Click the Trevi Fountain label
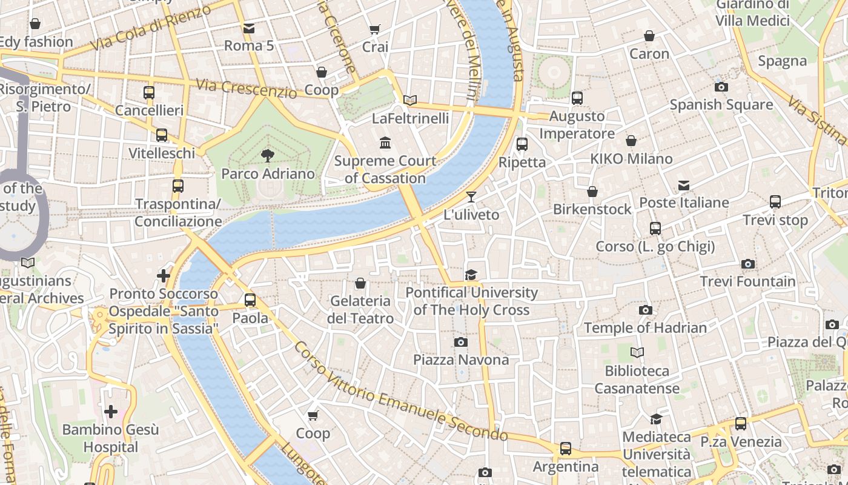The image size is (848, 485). pyautogui.click(x=748, y=281)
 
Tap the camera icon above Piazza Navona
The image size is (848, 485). pyautogui.click(x=461, y=343)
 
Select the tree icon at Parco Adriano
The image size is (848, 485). pyautogui.click(x=267, y=156)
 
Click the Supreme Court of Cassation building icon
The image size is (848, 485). pyautogui.click(x=385, y=143)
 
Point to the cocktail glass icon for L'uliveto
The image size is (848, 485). pyautogui.click(x=471, y=197)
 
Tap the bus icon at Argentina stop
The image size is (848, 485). pyautogui.click(x=565, y=449)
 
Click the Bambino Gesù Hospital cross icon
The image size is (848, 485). pyautogui.click(x=111, y=412)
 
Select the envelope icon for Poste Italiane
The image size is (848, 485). pyautogui.click(x=684, y=185)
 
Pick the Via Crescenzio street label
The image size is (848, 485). pyautogui.click(x=246, y=89)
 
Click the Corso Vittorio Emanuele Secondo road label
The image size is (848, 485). pyautogui.click(x=400, y=392)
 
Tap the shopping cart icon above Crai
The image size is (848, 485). pyautogui.click(x=375, y=29)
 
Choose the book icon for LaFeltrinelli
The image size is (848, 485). pyautogui.click(x=410, y=101)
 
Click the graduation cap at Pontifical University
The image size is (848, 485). pyautogui.click(x=471, y=275)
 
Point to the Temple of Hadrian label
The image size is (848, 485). pyautogui.click(x=645, y=328)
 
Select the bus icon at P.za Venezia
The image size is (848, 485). pyautogui.click(x=740, y=424)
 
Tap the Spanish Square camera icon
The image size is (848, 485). pyautogui.click(x=721, y=87)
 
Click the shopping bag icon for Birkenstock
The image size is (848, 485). pyautogui.click(x=592, y=192)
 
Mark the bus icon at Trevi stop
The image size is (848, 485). pyautogui.click(x=775, y=202)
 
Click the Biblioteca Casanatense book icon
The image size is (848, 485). pyautogui.click(x=637, y=353)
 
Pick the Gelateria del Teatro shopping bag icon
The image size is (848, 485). pyautogui.click(x=360, y=283)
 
